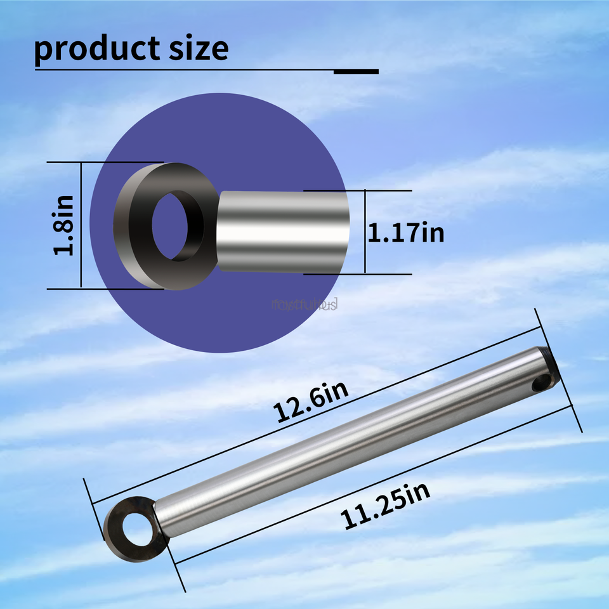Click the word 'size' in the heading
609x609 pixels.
(196, 49)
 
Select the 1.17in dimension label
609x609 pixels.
(407, 233)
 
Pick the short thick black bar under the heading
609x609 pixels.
(356, 71)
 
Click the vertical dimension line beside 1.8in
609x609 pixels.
(81, 225)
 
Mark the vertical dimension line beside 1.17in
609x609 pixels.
(365, 232)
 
